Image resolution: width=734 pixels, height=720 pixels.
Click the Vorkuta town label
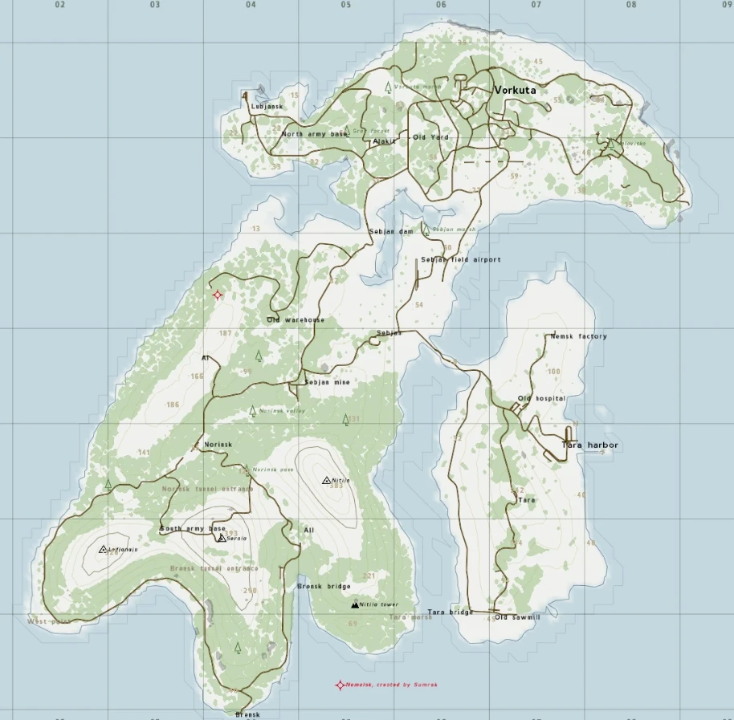(x=515, y=90)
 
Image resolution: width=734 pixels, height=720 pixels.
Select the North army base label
(x=314, y=134)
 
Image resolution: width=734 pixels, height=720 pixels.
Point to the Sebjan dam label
(x=390, y=232)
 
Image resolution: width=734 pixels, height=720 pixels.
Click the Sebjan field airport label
(x=461, y=260)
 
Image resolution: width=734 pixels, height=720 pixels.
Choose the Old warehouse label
(x=296, y=320)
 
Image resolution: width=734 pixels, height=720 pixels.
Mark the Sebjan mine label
(x=327, y=383)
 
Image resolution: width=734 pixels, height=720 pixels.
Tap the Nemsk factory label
(x=578, y=337)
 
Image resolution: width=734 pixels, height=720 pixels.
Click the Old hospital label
(x=541, y=399)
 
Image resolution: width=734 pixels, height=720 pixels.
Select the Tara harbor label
(x=590, y=445)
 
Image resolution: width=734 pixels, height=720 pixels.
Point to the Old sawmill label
(x=517, y=617)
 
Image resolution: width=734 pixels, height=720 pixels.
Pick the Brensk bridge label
(x=324, y=587)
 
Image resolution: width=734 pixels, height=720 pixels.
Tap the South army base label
(x=192, y=530)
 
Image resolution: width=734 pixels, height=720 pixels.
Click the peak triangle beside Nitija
(x=326, y=481)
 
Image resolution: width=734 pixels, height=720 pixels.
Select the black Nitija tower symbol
(x=355, y=605)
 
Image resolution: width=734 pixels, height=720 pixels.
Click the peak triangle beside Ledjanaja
(x=103, y=550)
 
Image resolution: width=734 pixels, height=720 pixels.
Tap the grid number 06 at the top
(x=441, y=5)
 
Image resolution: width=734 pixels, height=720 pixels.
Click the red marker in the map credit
(x=340, y=685)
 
